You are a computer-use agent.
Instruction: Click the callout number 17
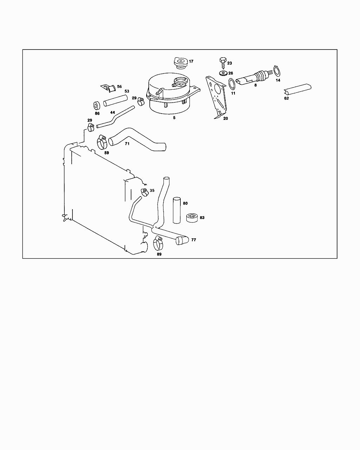191,62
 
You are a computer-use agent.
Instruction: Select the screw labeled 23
222,62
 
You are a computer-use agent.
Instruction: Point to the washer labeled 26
223,73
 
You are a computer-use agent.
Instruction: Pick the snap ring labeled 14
277,71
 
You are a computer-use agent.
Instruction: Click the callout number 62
287,98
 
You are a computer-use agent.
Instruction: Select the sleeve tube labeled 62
298,89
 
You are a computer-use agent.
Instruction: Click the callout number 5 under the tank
174,118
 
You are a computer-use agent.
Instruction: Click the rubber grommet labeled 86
96,105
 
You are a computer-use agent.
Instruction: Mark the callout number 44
112,112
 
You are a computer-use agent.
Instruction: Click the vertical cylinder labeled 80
176,210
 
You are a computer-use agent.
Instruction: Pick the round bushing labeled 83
192,218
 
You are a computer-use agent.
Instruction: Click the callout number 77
194,240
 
